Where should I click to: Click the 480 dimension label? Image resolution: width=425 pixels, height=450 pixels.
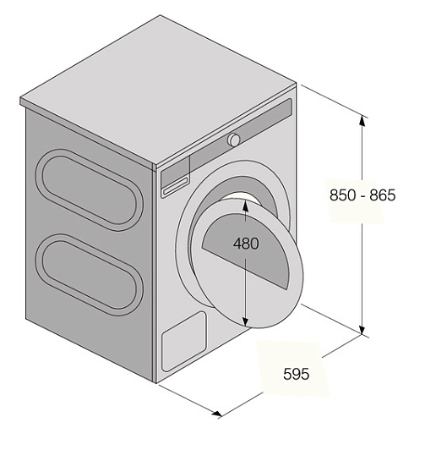(246, 244)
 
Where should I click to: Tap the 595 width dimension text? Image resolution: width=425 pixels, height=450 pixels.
(297, 374)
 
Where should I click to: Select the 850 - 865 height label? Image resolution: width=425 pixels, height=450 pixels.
(362, 195)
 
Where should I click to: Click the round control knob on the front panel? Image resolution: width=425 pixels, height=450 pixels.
(234, 140)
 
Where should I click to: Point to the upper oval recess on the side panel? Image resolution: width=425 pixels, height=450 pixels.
(90, 189)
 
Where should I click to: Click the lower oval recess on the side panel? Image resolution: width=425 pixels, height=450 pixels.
(90, 275)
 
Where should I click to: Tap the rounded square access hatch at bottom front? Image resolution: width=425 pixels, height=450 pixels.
(184, 342)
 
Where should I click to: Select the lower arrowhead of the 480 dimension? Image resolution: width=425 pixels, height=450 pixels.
(245, 321)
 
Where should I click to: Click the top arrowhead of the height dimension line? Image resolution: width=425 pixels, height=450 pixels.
(362, 120)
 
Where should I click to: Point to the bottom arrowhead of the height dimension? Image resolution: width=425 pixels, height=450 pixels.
(362, 329)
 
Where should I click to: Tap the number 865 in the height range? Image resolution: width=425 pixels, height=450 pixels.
(383, 195)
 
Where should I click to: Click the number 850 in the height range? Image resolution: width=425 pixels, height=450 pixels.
(343, 195)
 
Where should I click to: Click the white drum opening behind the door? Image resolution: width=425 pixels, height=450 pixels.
(241, 198)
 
